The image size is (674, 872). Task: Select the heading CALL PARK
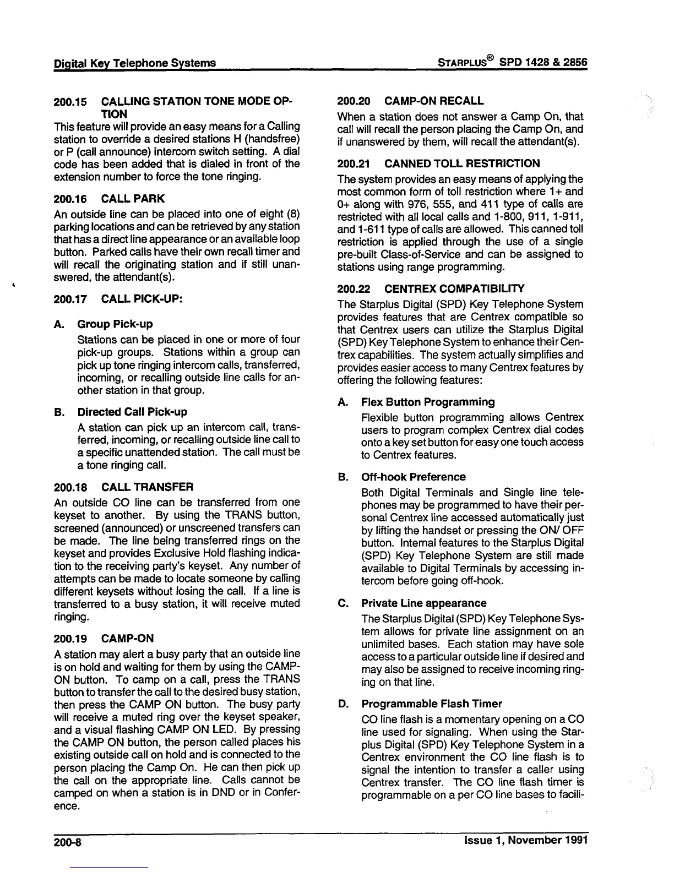[x=133, y=198]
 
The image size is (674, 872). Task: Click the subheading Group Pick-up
[x=115, y=324]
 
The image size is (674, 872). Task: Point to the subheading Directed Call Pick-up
[x=132, y=412]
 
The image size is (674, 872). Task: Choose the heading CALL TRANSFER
[x=148, y=487]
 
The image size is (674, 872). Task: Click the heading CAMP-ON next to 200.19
[x=128, y=639]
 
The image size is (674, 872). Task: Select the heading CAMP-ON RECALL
[x=434, y=101]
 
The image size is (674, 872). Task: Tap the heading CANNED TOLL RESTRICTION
[x=462, y=163]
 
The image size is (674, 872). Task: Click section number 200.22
[x=353, y=288]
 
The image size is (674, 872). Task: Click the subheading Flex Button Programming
[x=428, y=402]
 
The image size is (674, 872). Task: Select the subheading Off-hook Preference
[x=413, y=477]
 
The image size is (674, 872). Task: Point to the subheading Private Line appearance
[x=423, y=603]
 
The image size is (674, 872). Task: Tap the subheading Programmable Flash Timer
[x=432, y=704]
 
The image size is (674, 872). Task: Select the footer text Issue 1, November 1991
[x=526, y=840]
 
